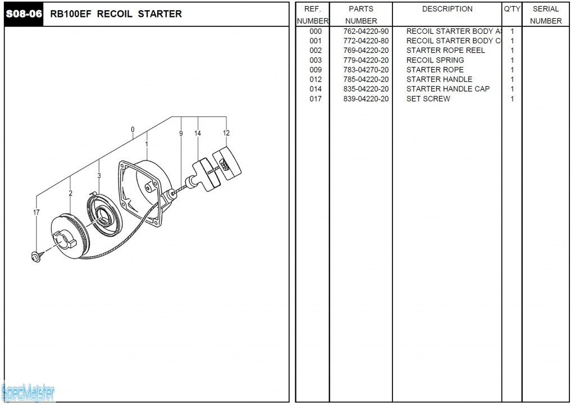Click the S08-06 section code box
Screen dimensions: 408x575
click(x=24, y=14)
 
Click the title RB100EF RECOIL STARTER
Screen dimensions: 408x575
click(x=116, y=14)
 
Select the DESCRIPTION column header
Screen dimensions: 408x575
click(x=447, y=9)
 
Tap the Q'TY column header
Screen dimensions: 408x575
click(x=512, y=9)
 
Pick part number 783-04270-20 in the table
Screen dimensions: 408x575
click(x=366, y=70)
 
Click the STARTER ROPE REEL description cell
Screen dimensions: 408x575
click(x=445, y=51)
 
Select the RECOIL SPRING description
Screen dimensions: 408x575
click(x=435, y=60)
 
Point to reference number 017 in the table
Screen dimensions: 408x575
click(x=316, y=99)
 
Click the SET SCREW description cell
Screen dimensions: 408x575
click(x=428, y=99)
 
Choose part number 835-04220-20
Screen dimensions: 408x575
click(x=366, y=89)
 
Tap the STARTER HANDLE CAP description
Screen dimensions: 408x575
click(x=448, y=89)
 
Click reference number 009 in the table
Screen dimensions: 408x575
click(x=316, y=70)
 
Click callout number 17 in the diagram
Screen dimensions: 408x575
click(x=36, y=212)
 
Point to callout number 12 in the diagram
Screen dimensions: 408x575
click(x=226, y=133)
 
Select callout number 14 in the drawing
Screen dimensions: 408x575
click(x=198, y=133)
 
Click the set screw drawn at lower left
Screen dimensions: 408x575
click(x=35, y=257)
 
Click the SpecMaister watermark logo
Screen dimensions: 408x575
click(x=28, y=392)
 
